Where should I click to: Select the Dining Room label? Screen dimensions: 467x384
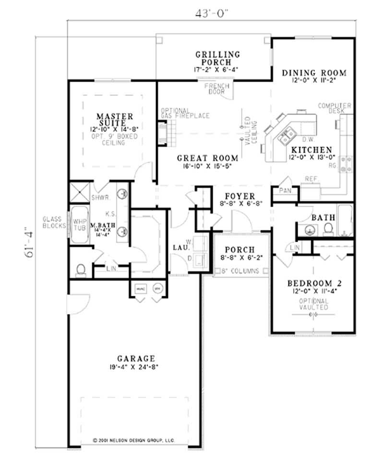314,73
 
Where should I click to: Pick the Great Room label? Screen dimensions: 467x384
207,158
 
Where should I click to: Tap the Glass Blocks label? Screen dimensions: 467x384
54,222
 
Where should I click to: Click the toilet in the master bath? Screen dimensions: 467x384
81,269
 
